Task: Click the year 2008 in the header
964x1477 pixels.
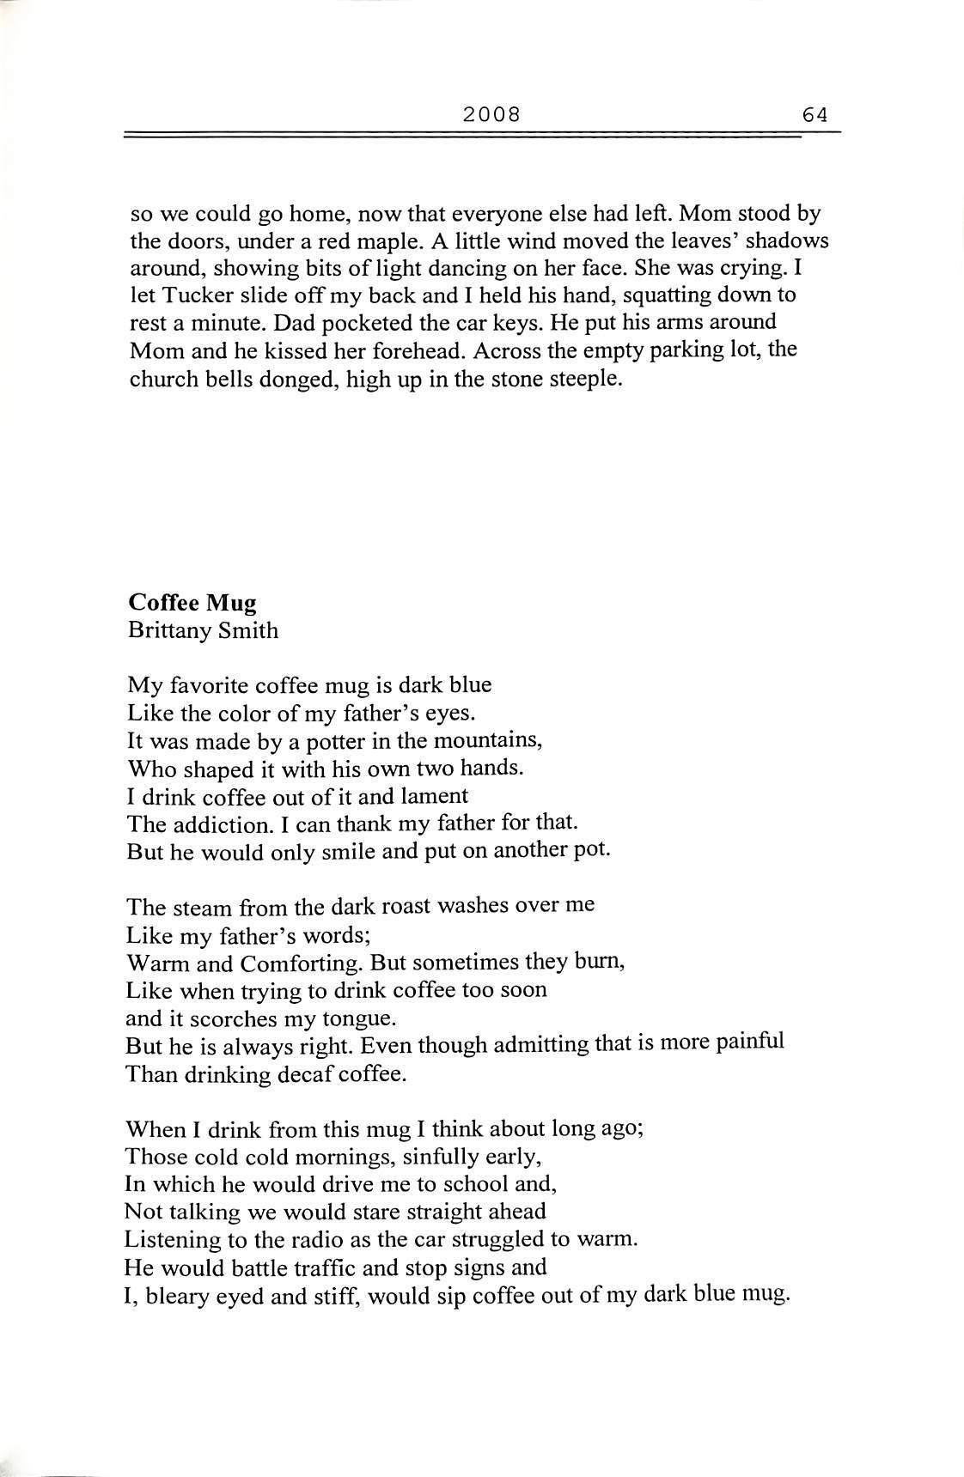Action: (x=491, y=113)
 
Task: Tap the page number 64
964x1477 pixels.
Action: (x=815, y=113)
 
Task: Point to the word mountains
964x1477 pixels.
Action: (x=491, y=740)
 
